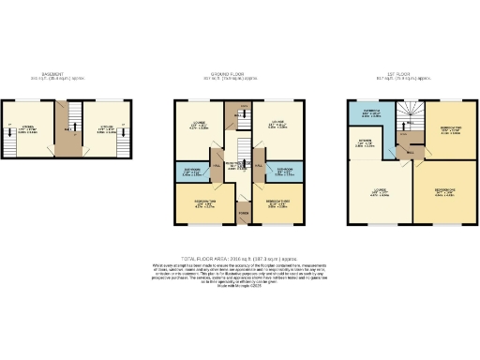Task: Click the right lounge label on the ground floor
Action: pos(278,122)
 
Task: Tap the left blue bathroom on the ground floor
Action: pos(191,172)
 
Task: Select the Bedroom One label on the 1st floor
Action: pos(444,191)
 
